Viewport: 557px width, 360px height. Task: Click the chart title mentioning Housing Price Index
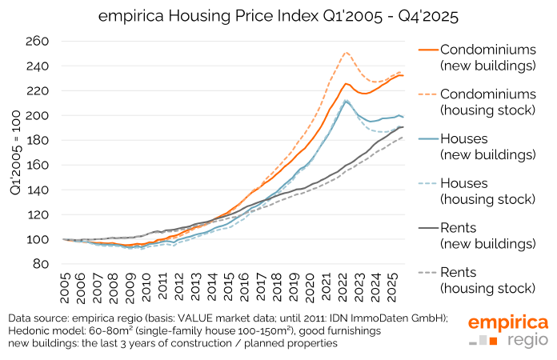point(278,15)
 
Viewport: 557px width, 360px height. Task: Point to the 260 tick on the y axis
point(38,42)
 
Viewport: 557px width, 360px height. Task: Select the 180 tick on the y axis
point(38,141)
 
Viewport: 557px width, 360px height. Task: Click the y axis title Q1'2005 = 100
point(14,153)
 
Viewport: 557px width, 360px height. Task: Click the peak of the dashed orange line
point(345,53)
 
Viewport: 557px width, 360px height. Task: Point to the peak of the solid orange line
point(346,83)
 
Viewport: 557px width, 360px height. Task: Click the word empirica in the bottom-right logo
point(508,323)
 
